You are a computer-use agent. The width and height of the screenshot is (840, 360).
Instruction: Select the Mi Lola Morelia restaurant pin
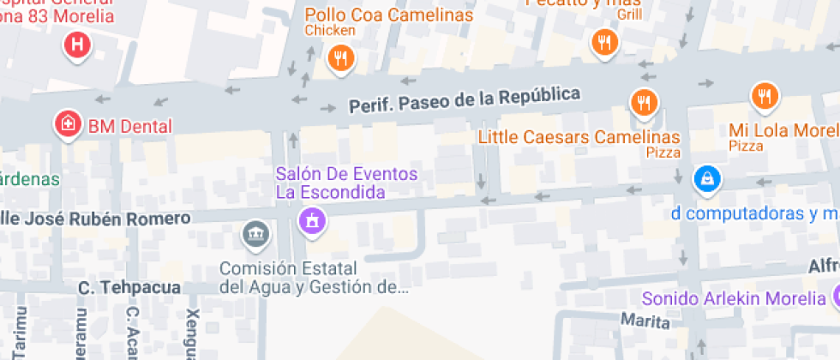click(764, 95)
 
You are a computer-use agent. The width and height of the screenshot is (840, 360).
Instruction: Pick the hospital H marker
click(78, 45)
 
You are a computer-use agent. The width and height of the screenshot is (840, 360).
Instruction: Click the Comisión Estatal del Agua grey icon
click(254, 233)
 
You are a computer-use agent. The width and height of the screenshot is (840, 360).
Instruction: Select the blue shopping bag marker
click(707, 179)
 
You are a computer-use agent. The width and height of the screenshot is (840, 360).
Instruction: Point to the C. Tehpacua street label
click(129, 288)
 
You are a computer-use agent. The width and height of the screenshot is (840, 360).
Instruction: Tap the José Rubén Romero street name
click(94, 219)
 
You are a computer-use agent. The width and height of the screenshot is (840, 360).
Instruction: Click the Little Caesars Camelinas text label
click(579, 137)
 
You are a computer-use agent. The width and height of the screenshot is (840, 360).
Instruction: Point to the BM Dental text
click(129, 126)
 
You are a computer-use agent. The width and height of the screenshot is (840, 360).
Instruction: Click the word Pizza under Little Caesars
click(663, 153)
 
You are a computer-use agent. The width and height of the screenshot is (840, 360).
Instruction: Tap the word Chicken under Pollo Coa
click(329, 31)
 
